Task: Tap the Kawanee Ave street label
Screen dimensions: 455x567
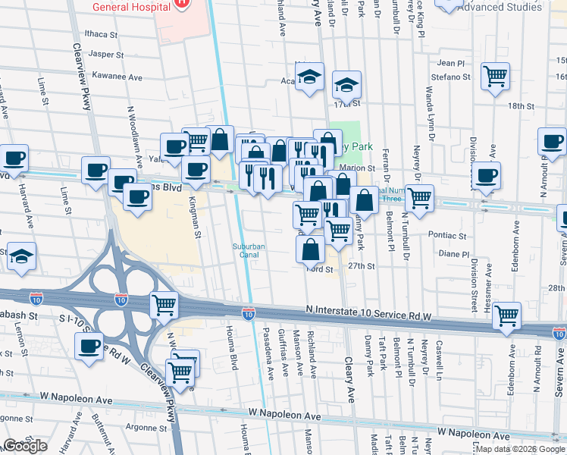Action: coord(117,77)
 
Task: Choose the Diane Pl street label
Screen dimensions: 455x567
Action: coord(454,254)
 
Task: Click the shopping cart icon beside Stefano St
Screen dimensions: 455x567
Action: coord(495,76)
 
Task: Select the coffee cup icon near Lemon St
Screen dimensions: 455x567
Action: coord(89,347)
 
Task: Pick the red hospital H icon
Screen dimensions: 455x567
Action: coord(181,4)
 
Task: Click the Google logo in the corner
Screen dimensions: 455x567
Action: coord(25,446)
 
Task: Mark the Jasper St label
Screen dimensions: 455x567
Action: coord(105,55)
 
